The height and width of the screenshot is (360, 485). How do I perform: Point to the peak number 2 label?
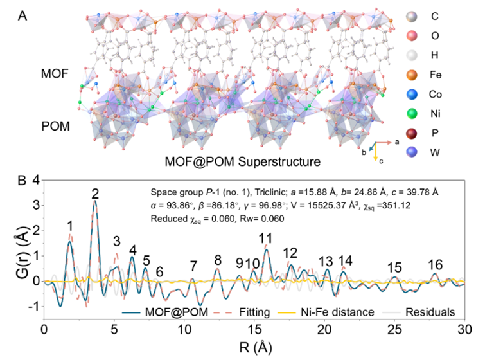[x=95, y=194]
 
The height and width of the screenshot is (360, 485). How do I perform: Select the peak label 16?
[x=436, y=265]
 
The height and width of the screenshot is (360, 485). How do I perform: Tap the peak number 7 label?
[x=193, y=265]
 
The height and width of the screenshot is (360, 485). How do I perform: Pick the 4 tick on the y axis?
[x=36, y=180]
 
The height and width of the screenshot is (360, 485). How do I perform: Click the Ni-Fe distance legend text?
[x=337, y=312]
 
